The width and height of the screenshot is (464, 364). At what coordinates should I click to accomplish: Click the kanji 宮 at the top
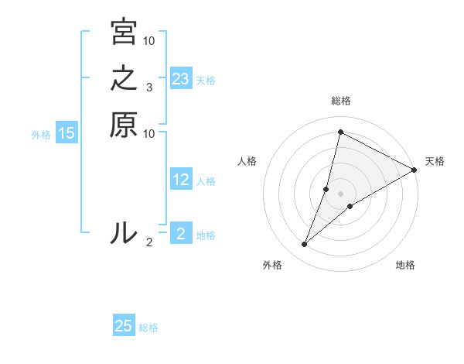[x=124, y=33]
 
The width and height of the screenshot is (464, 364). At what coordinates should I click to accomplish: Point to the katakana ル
[x=124, y=233]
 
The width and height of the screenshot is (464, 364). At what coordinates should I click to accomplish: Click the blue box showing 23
[x=180, y=79]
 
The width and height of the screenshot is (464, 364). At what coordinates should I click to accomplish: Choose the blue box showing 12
[x=180, y=180]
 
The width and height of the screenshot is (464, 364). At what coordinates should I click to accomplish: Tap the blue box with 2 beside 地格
[x=180, y=235]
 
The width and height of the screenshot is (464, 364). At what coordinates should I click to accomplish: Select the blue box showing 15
[x=67, y=133]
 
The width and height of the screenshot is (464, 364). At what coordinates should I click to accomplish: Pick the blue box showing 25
[x=124, y=326]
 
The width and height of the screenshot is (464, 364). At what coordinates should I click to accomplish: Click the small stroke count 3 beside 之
[x=149, y=87]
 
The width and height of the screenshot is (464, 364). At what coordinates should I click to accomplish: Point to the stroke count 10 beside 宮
[x=149, y=40]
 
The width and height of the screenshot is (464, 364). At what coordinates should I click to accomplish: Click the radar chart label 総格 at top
[x=340, y=101]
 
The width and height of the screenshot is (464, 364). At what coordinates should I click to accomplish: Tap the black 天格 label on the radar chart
[x=435, y=161]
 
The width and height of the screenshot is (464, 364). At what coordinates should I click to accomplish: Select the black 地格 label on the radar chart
[x=405, y=266]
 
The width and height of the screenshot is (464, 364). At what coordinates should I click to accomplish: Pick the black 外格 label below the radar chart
[x=272, y=266]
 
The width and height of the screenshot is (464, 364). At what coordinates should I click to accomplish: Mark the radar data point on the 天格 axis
[x=414, y=170]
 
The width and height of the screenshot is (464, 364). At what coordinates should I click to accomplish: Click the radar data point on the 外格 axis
[x=305, y=245]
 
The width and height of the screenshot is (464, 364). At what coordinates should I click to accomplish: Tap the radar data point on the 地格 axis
[x=350, y=206]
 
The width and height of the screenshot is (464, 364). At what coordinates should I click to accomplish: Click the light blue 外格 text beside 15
[x=41, y=134]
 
